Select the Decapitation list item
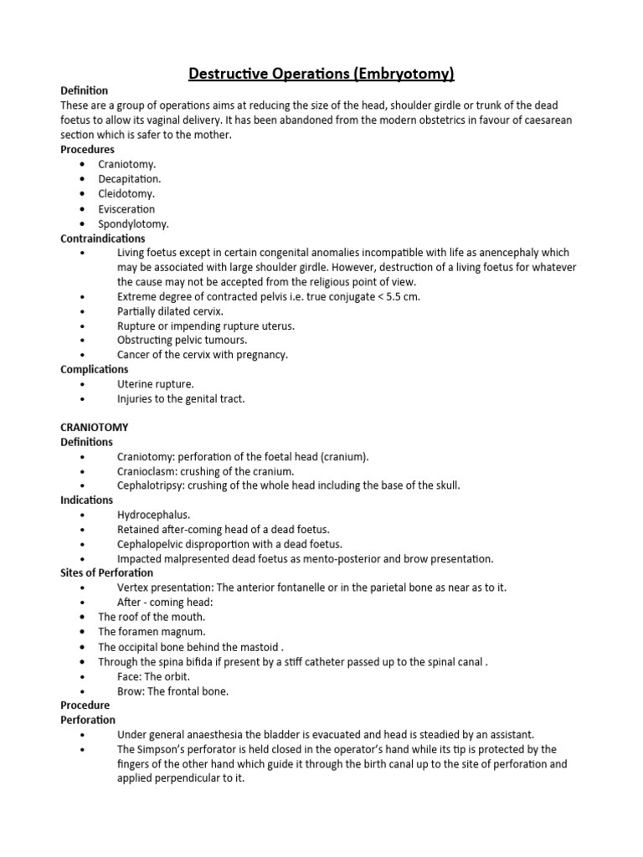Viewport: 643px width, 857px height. (x=129, y=179)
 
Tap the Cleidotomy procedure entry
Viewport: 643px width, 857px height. (x=126, y=194)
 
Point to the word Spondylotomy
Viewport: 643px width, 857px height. (x=133, y=224)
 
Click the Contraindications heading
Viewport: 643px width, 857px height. (x=103, y=239)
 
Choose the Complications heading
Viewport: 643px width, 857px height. (x=95, y=369)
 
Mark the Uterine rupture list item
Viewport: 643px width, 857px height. (x=156, y=384)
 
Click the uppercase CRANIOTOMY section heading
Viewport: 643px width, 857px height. (x=95, y=428)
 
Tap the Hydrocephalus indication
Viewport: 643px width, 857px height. (x=153, y=515)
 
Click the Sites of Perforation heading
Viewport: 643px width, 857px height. (x=107, y=572)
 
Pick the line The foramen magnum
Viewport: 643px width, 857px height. (x=152, y=632)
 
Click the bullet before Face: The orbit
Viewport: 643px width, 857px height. (x=82, y=676)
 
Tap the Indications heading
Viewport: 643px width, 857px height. (x=87, y=500)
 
